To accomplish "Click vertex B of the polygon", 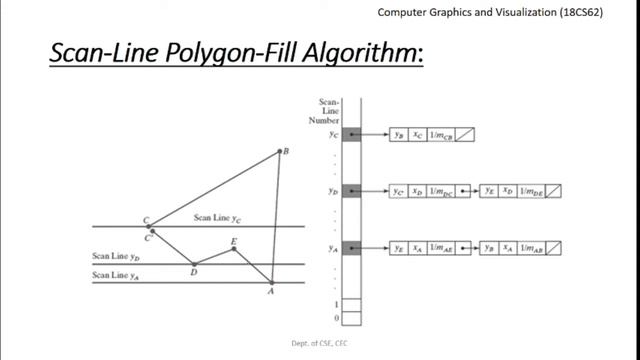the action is (x=281, y=152).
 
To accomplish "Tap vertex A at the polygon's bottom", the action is (x=271, y=283).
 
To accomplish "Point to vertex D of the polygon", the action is (x=194, y=265).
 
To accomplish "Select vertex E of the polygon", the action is (x=234, y=247).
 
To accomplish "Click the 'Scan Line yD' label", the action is (x=114, y=257).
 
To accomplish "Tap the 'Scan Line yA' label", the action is (x=114, y=275).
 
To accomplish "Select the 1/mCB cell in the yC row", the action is (x=441, y=133).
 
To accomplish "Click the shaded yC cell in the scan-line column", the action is (x=351, y=133).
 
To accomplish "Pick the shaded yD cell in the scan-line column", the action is (x=351, y=190).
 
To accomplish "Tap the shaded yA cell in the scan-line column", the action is (x=351, y=247).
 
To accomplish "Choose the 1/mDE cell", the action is (x=531, y=190).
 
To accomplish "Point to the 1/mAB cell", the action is (x=531, y=247).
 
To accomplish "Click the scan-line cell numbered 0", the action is (x=351, y=319).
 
